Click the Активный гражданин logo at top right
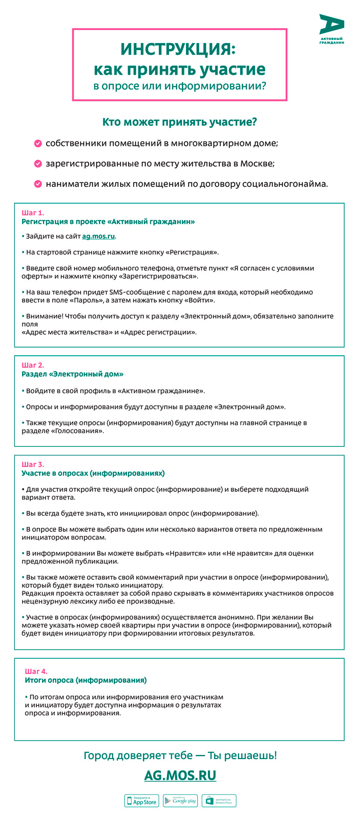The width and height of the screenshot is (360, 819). click(x=331, y=29)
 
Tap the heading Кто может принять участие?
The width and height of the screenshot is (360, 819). click(x=179, y=122)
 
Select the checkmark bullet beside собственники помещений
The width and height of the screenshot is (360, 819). click(x=38, y=143)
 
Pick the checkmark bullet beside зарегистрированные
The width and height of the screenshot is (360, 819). click(x=38, y=164)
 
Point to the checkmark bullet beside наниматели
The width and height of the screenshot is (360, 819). click(x=38, y=184)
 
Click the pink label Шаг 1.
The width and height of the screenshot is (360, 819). click(x=33, y=212)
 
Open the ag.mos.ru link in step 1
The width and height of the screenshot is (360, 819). click(x=98, y=236)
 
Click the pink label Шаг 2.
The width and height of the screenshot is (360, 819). click(x=33, y=365)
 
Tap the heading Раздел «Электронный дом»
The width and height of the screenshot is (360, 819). click(x=73, y=374)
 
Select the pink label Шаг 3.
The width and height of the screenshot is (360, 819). click(x=33, y=465)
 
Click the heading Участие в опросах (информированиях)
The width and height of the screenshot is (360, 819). click(x=93, y=473)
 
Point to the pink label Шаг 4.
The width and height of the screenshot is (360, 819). click(x=36, y=671)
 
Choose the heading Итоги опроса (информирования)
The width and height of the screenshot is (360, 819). click(x=86, y=680)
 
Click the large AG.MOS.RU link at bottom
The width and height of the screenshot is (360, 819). click(x=180, y=775)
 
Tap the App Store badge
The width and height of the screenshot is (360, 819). click(x=142, y=801)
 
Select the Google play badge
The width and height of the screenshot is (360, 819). click(x=180, y=801)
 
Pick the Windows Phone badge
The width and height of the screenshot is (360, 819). click(x=219, y=801)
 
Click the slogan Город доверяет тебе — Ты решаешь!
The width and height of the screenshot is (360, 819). click(x=180, y=756)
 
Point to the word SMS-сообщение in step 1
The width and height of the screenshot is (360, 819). click(x=137, y=292)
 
